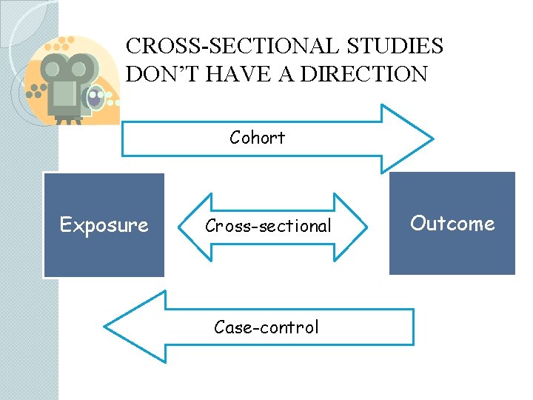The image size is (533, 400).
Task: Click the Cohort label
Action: click(x=257, y=137)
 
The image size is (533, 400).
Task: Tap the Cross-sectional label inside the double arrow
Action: click(x=268, y=227)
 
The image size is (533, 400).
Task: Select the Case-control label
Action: click(x=266, y=327)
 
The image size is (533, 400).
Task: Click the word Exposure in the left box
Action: click(x=104, y=224)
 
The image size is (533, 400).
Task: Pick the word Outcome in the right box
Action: click(x=452, y=223)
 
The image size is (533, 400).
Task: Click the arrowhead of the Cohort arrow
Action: click(x=406, y=139)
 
